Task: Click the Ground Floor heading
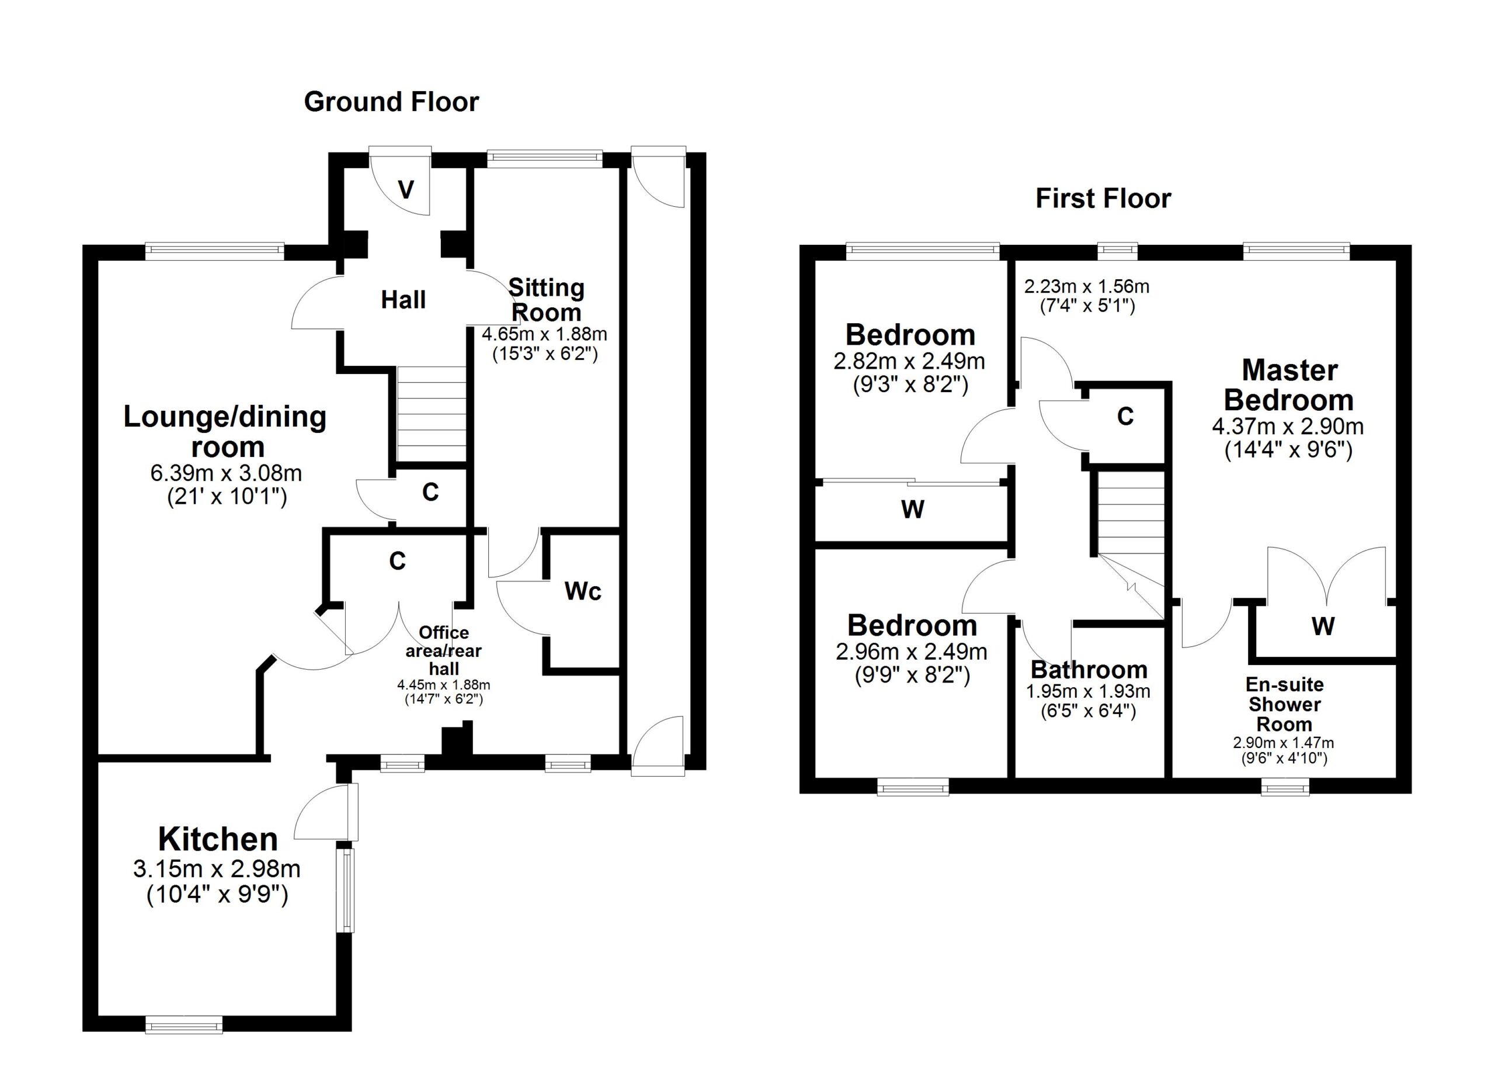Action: (391, 102)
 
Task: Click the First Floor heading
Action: (1103, 199)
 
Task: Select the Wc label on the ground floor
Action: (583, 591)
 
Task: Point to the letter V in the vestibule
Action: (406, 190)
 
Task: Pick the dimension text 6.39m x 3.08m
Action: (226, 473)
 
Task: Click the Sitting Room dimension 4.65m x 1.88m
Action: (544, 334)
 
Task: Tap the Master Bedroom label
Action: (1289, 385)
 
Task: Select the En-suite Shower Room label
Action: (1284, 704)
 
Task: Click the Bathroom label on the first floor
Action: (1089, 670)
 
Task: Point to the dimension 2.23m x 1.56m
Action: (1086, 287)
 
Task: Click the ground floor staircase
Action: (431, 414)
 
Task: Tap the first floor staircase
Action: (1130, 513)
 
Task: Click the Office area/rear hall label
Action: (444, 650)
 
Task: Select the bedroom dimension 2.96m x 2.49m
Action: (911, 652)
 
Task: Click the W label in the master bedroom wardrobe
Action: (1323, 626)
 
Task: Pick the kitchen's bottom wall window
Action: (184, 1025)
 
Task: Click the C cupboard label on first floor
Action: (1125, 416)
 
